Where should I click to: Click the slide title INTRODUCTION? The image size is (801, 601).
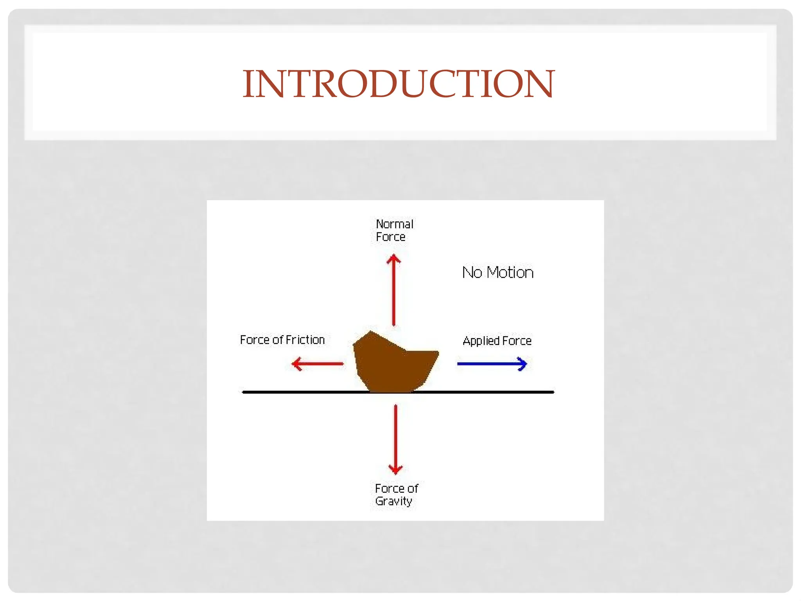[x=399, y=84]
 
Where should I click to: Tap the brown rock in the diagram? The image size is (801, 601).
[x=393, y=364]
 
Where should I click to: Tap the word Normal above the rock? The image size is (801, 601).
[x=394, y=224]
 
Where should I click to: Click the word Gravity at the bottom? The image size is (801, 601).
[x=393, y=501]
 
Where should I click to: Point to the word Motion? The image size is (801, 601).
[x=510, y=273]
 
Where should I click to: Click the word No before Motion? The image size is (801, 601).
[x=472, y=273]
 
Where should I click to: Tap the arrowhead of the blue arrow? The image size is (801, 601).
[x=523, y=364]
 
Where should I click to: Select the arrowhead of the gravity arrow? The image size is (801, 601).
[x=395, y=469]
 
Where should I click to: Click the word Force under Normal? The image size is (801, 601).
[x=390, y=237]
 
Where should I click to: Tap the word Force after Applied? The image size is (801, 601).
[x=517, y=341]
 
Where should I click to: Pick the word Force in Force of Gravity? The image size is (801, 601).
[x=389, y=489]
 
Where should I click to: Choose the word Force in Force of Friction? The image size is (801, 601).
[x=255, y=340]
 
